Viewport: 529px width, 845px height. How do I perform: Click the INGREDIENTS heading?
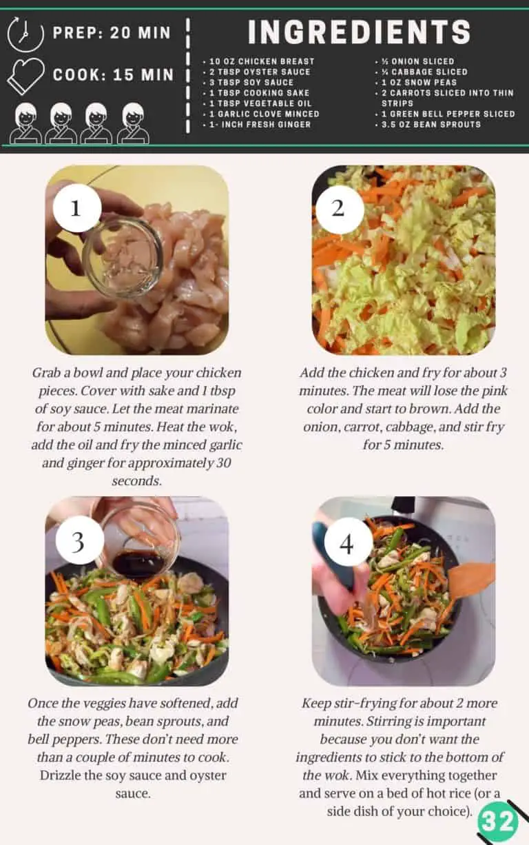[359, 32]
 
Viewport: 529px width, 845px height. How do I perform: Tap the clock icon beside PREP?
[25, 34]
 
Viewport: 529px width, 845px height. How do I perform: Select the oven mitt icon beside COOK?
[25, 75]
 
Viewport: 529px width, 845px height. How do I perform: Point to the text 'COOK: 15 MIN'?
[114, 74]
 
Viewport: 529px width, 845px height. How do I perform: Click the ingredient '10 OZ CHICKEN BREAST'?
[260, 61]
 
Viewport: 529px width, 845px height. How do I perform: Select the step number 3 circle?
[78, 542]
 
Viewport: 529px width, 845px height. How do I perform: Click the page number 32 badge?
[497, 822]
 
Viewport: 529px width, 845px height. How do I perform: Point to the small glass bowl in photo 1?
[122, 257]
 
